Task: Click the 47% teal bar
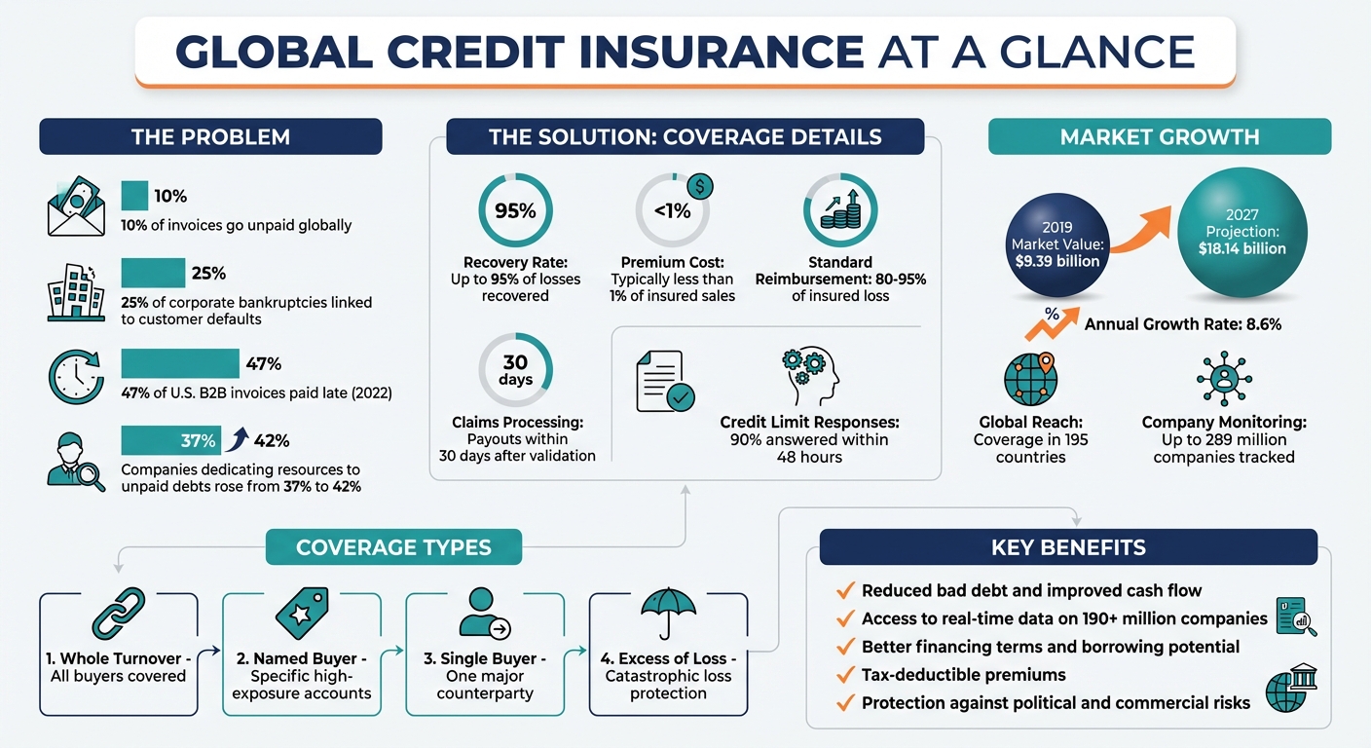pyautogui.click(x=180, y=363)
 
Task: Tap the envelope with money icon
pyautogui.click(x=76, y=207)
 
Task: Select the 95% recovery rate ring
pyautogui.click(x=515, y=209)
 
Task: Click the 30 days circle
pyautogui.click(x=515, y=371)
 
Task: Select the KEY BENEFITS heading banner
pyautogui.click(x=1067, y=547)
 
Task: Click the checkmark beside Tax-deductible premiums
pyautogui.click(x=845, y=675)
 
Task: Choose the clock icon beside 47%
pyautogui.click(x=76, y=376)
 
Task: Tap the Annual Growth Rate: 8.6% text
pyautogui.click(x=1182, y=324)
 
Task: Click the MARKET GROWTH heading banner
pyautogui.click(x=1159, y=137)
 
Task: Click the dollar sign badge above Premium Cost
pyautogui.click(x=699, y=186)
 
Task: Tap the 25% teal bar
pyautogui.click(x=153, y=273)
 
